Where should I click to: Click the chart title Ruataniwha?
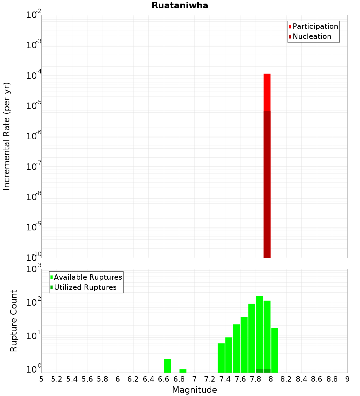point(180,6)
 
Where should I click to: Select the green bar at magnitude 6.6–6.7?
point(167,366)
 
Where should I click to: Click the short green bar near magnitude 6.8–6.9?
point(183,371)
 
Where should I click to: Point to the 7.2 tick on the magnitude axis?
point(210,379)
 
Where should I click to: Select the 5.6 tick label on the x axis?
point(87,379)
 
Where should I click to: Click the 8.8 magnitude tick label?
point(332,379)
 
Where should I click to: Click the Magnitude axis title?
point(194,390)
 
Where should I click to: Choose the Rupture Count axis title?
point(14,321)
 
